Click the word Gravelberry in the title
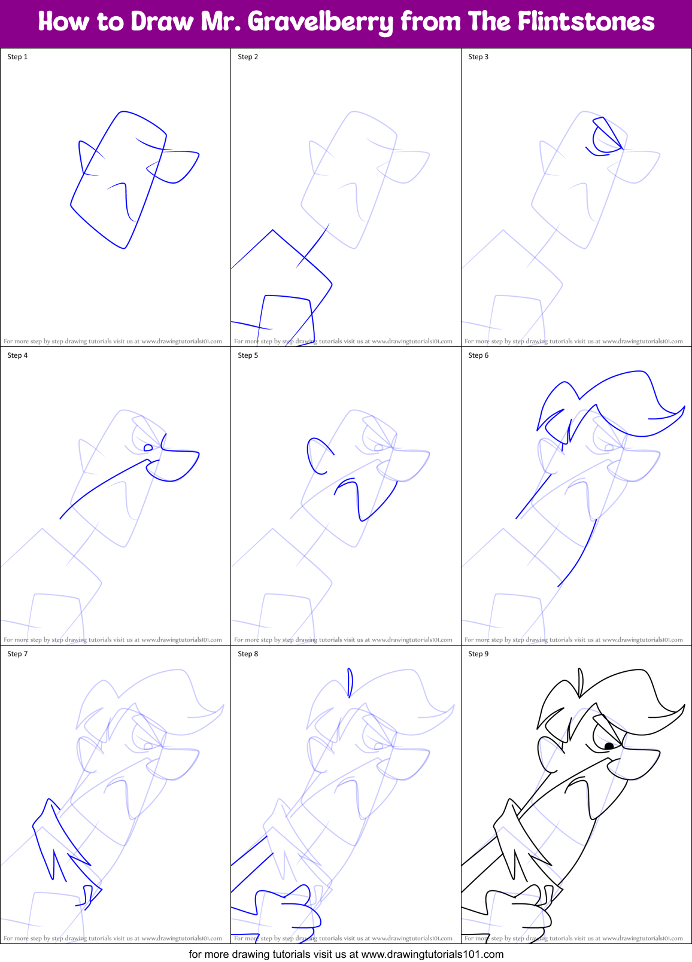pos(320,22)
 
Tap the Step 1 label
pos(17,57)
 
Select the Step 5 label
pos(248,355)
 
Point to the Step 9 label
pos(478,654)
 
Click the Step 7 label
pos(17,654)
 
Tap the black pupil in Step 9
pos(609,746)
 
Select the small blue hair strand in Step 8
pos(350,682)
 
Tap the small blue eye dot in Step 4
pos(148,447)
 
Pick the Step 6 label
pos(478,355)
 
